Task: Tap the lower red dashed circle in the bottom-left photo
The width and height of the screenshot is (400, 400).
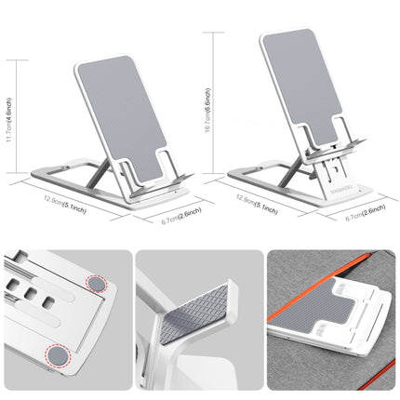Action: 61,353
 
